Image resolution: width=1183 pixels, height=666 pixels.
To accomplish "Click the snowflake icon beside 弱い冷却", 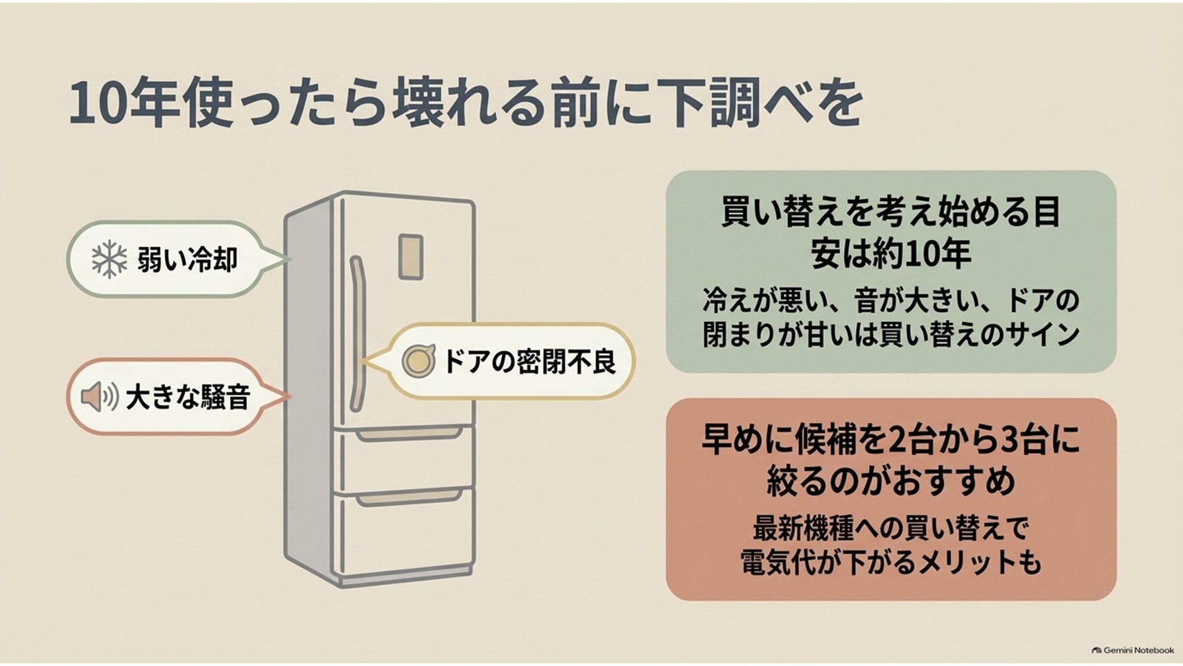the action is [109, 259].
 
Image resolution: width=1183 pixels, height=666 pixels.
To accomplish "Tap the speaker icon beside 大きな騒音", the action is [99, 397].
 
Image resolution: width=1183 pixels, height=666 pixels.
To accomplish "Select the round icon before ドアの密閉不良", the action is [419, 361].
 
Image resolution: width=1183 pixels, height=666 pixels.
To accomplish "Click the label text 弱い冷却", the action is [188, 259].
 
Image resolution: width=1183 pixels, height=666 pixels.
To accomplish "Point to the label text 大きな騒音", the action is [188, 398].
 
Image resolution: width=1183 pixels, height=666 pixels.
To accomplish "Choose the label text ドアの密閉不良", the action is [529, 361].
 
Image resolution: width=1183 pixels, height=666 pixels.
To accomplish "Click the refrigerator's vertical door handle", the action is [358, 334].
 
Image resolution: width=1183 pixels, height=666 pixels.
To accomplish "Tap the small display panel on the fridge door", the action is [410, 257].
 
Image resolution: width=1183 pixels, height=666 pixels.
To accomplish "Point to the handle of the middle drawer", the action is [408, 434].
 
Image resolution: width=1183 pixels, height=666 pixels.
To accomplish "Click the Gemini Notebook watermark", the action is [1133, 649].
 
